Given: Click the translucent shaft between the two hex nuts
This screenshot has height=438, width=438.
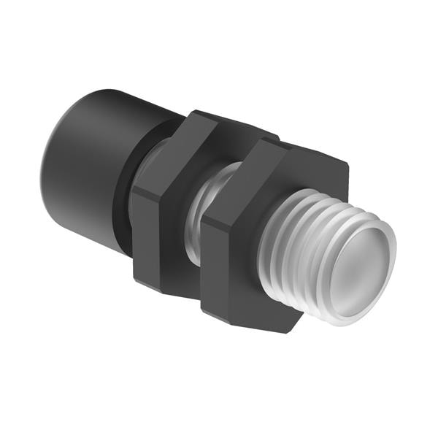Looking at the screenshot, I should tap(204, 219).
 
